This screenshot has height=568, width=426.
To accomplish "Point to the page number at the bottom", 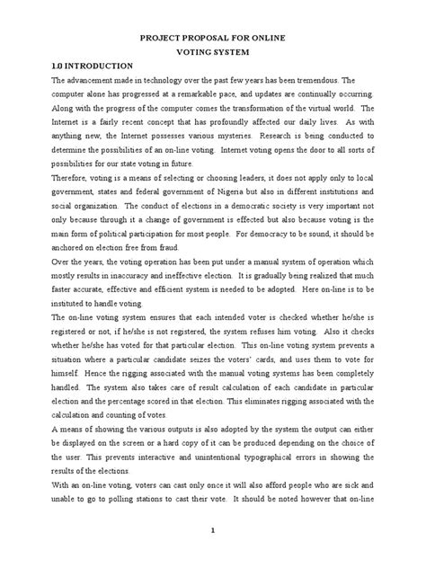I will [212, 555].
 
